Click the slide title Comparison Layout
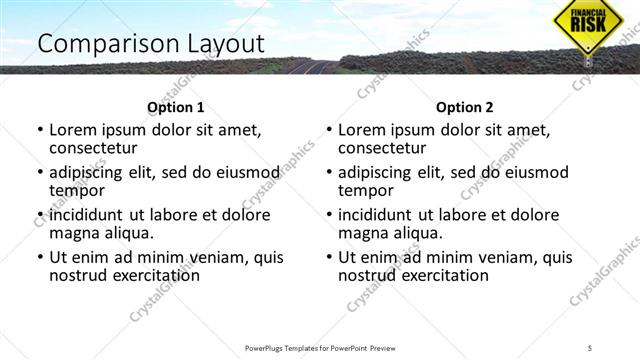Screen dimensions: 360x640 [150, 44]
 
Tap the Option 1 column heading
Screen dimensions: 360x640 [176, 107]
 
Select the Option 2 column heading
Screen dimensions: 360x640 [465, 107]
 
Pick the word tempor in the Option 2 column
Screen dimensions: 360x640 [367, 191]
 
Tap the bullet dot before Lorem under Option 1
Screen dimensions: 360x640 [40, 130]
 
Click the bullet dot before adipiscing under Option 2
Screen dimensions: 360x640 [329, 172]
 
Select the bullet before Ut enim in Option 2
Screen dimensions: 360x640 [329, 257]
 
